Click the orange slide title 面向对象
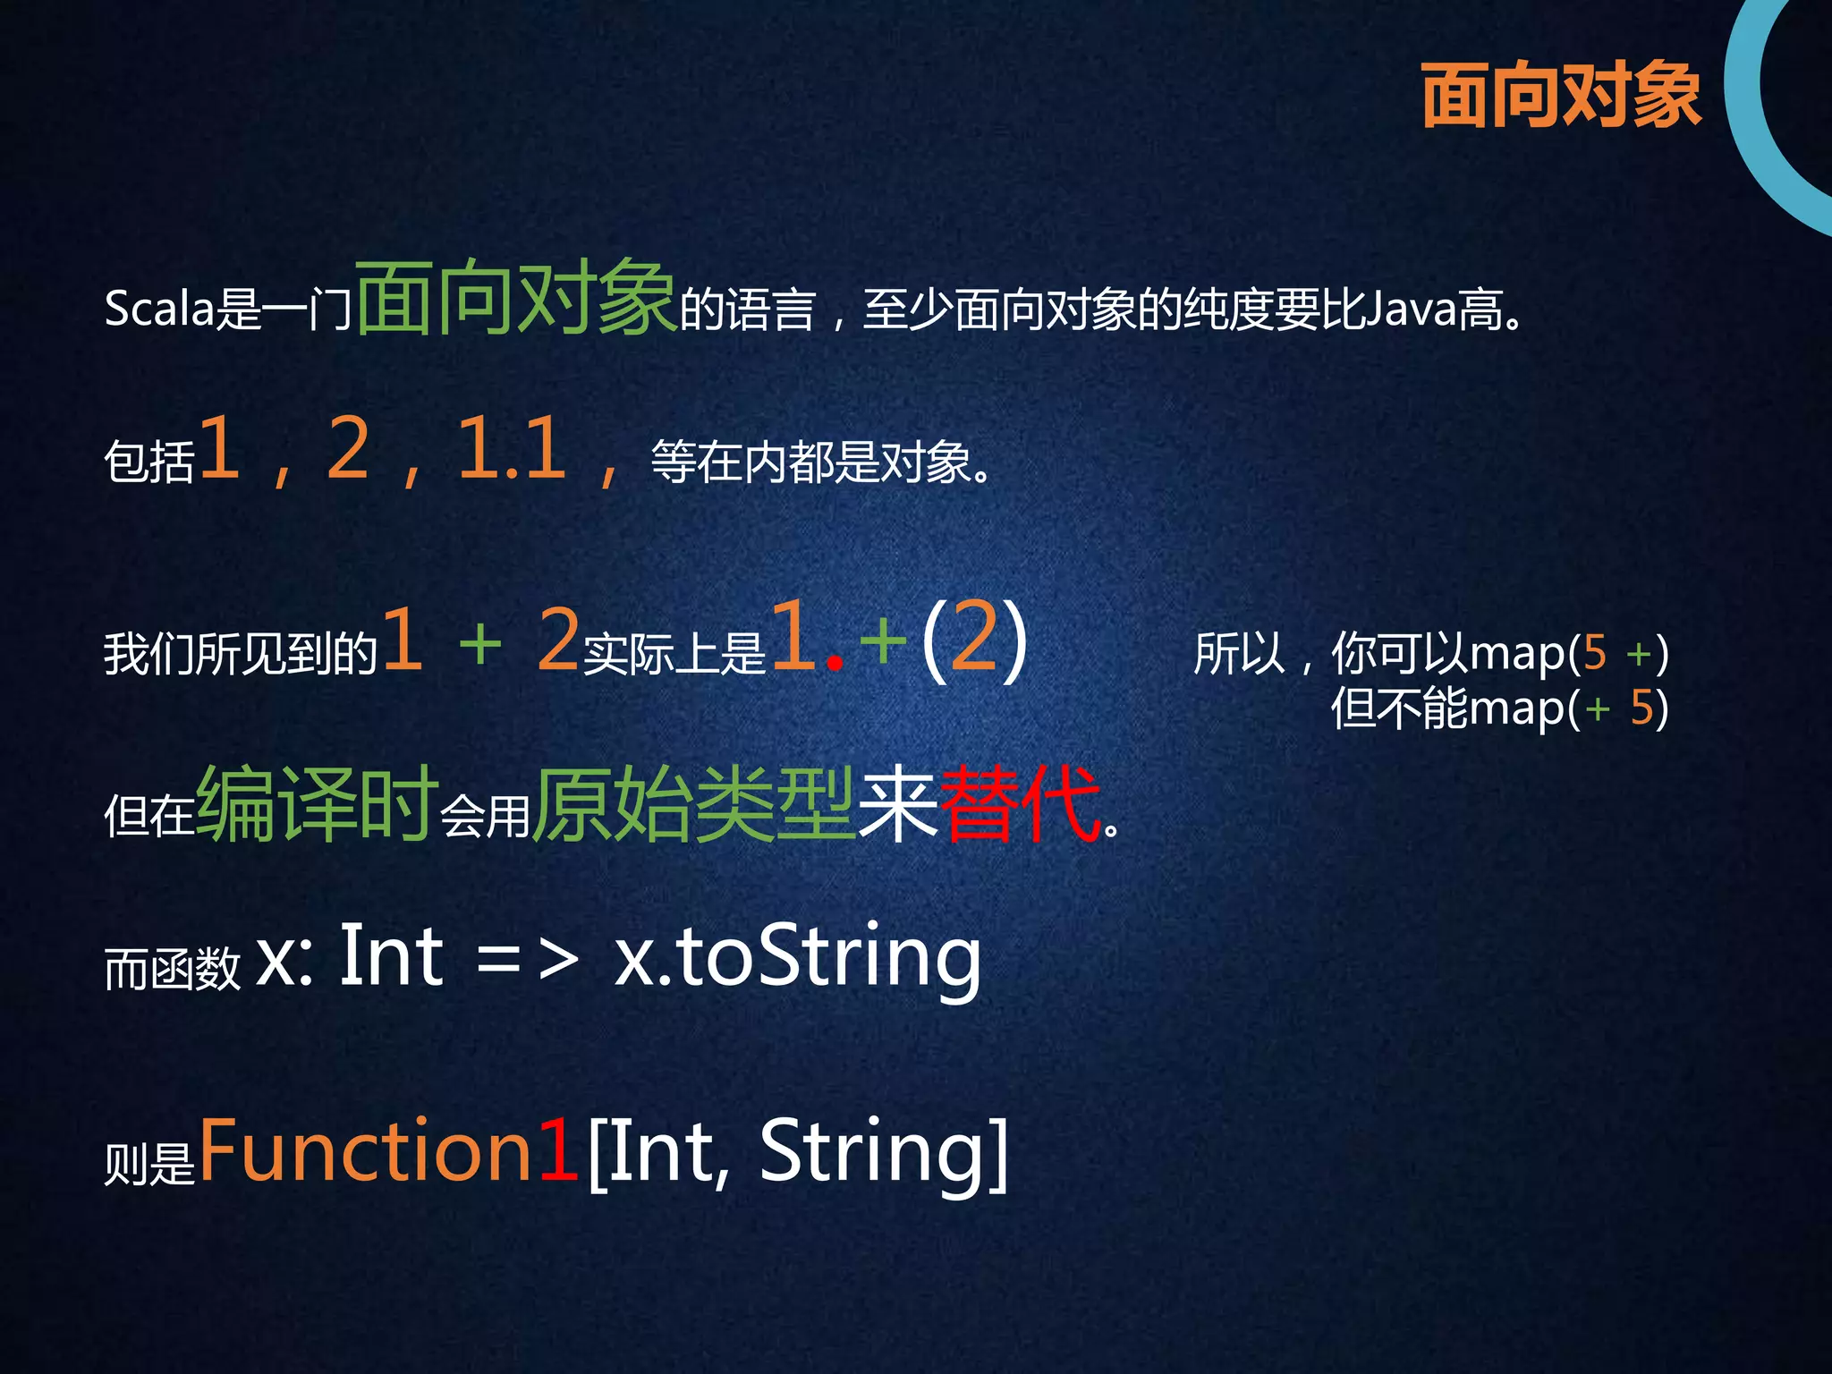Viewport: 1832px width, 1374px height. pyautogui.click(x=1560, y=95)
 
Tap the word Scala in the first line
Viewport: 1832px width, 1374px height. pyautogui.click(x=159, y=310)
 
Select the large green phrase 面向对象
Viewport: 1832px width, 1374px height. pyautogui.click(x=515, y=297)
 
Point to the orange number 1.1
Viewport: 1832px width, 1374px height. pyautogui.click(x=512, y=449)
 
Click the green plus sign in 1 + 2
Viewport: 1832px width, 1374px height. pyautogui.click(x=480, y=642)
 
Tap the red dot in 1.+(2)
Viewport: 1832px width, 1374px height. pyautogui.click(x=835, y=663)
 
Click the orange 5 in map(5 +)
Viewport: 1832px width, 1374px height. pyautogui.click(x=1594, y=653)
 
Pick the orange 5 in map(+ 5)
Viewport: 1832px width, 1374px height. pyautogui.click(x=1641, y=708)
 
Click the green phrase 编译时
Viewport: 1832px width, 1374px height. pyautogui.click(x=317, y=803)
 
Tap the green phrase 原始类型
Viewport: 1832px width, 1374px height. pyautogui.click(x=694, y=803)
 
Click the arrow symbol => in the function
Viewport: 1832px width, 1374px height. pyautogui.click(x=528, y=959)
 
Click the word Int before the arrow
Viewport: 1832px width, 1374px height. pyautogui.click(x=391, y=957)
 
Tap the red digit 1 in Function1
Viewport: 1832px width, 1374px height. pyautogui.click(x=558, y=1150)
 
